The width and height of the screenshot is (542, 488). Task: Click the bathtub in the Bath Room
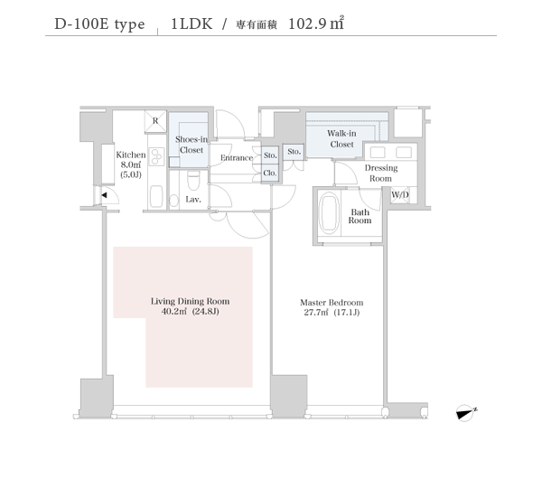[x=330, y=212]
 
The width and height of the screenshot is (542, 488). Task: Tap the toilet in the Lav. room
[x=193, y=181]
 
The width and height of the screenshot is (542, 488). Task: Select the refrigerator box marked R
[x=155, y=121]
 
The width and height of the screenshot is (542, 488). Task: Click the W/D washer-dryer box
[x=400, y=194]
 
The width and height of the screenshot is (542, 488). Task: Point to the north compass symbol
[x=465, y=413]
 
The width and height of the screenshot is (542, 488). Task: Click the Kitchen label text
[x=131, y=155]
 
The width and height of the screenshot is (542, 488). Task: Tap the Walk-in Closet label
[x=341, y=138]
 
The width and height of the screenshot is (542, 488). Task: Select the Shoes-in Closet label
[x=192, y=145]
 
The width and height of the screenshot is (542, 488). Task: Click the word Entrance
[x=237, y=158]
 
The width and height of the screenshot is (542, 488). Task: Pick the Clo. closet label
[x=270, y=173]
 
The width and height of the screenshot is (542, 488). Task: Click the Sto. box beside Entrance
[x=270, y=155]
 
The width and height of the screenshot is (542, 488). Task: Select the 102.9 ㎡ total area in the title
[x=315, y=23]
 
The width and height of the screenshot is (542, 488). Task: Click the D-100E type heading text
[x=99, y=24]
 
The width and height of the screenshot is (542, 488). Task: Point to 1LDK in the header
[x=192, y=23]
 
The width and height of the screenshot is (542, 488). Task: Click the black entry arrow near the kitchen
[x=104, y=195]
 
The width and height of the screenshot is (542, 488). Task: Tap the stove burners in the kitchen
[x=156, y=157]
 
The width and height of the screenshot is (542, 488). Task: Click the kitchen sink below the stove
[x=156, y=196]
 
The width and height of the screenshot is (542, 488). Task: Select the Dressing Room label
[x=381, y=174]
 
